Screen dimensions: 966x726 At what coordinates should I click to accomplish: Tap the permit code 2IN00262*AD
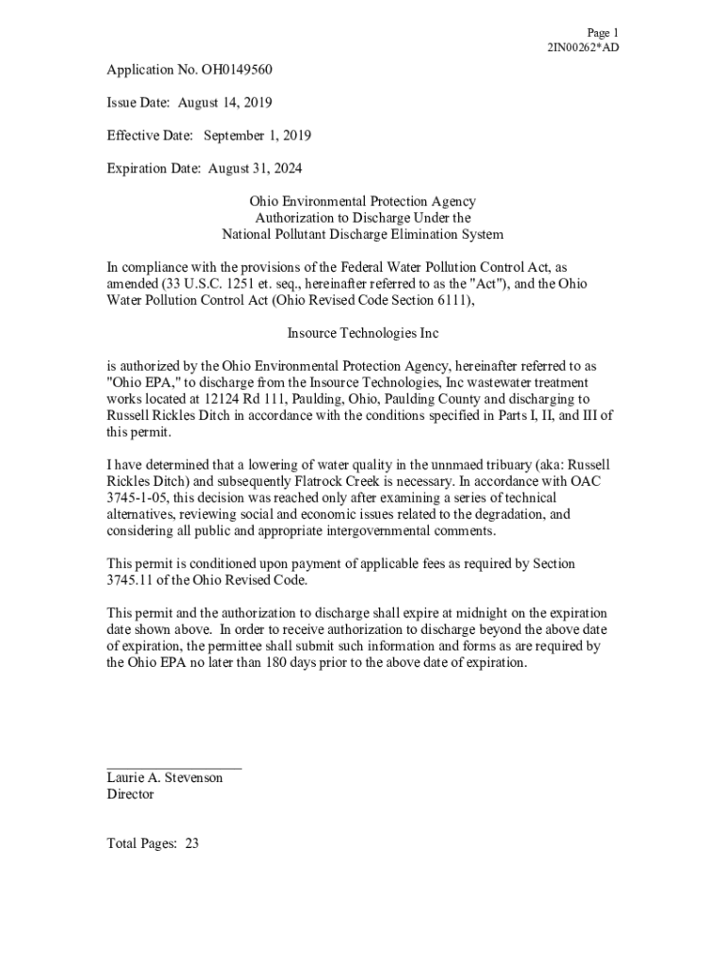(x=584, y=47)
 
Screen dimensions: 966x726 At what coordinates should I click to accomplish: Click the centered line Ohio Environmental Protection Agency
(x=362, y=201)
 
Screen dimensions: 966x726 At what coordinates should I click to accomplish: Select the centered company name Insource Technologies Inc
(x=362, y=333)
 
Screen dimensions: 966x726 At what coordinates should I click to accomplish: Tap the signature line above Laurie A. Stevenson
(x=174, y=769)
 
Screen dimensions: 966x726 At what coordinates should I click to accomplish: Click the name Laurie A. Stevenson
(x=165, y=778)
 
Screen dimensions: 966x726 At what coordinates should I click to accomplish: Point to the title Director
(x=130, y=794)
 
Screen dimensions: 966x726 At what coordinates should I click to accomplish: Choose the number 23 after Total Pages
(x=191, y=844)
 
